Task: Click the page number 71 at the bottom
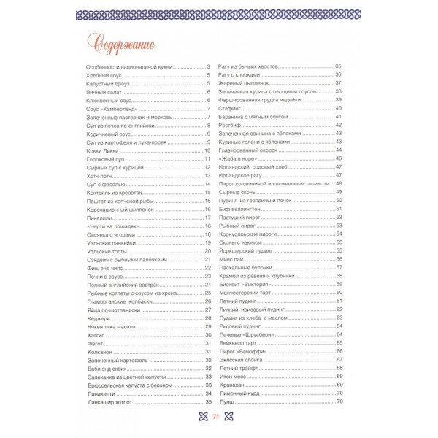tap(216, 417)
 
